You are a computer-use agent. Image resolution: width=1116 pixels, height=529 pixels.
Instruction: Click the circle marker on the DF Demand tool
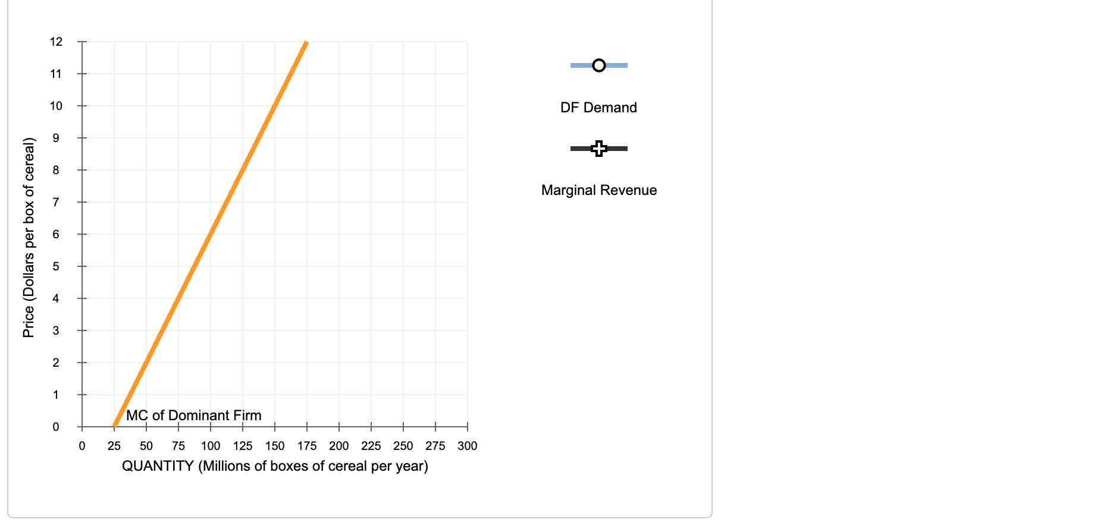(x=599, y=65)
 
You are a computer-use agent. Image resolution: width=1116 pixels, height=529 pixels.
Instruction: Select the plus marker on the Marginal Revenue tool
(x=599, y=148)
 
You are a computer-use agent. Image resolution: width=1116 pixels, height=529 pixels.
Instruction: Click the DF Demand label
(x=598, y=108)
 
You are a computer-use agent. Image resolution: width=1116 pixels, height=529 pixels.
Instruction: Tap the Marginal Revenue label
(x=599, y=190)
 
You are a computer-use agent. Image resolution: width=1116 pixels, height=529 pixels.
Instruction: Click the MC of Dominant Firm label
(x=194, y=415)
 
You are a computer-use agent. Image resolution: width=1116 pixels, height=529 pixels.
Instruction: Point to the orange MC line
(x=211, y=234)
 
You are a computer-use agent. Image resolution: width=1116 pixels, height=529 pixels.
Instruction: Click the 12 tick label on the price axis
(x=57, y=42)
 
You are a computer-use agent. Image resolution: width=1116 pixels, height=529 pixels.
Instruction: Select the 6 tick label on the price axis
(x=57, y=234)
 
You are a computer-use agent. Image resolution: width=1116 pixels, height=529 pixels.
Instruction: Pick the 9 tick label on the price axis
(x=57, y=138)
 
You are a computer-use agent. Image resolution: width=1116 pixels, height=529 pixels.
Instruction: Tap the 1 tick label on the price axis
(x=57, y=395)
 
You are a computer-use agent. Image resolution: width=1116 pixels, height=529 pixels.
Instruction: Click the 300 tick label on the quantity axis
(x=468, y=446)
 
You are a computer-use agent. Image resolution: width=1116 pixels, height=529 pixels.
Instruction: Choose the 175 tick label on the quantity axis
(x=307, y=446)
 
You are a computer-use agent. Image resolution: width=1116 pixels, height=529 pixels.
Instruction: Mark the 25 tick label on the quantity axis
(x=114, y=446)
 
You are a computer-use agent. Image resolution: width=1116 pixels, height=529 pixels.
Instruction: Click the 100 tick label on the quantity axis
(x=211, y=446)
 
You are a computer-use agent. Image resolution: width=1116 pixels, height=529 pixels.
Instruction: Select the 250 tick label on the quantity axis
(x=403, y=446)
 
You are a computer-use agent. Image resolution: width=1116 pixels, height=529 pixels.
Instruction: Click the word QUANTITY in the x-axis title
(x=158, y=466)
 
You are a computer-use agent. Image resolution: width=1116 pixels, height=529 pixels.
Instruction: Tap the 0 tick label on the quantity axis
(x=82, y=446)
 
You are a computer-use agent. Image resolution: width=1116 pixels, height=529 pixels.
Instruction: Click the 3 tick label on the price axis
(x=57, y=330)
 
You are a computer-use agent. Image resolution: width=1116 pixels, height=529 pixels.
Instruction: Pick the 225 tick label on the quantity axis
(x=371, y=446)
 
